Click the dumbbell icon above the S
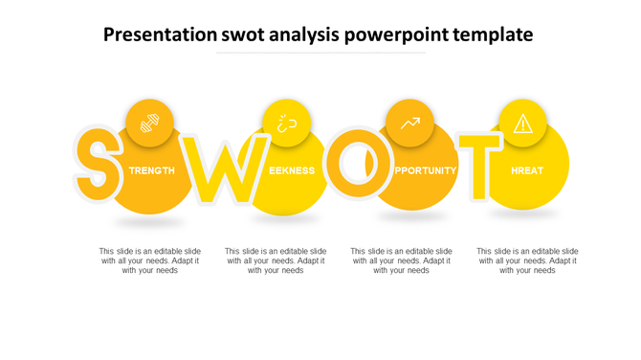pos(150,123)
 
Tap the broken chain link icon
pos(286,123)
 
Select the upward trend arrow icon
pos(409,123)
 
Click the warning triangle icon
pos(522,124)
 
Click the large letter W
pos(221,170)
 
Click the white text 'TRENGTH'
pos(152,170)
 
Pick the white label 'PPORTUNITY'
pos(425,170)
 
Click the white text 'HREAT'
pos(527,170)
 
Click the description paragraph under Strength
pos(150,260)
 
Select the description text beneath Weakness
pos(276,260)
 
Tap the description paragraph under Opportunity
pos(402,260)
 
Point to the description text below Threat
pos(527,260)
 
